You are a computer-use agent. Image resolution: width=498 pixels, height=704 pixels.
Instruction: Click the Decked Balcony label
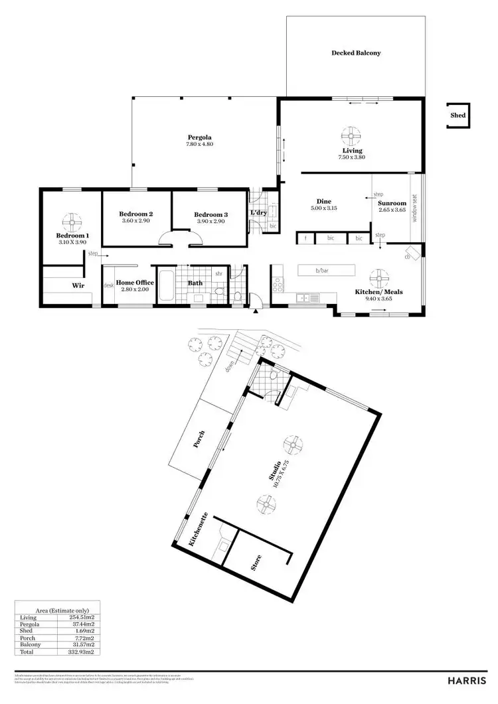coord(356,53)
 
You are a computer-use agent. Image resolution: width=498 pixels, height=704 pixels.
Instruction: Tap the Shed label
coord(458,115)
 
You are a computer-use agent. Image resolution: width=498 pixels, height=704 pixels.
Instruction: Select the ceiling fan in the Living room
coord(350,136)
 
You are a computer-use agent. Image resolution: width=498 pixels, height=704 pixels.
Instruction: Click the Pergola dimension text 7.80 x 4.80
coord(199,144)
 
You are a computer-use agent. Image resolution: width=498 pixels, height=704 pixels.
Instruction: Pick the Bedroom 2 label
coord(136,214)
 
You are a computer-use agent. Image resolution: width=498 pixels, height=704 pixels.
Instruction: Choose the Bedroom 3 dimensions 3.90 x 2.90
coord(211,222)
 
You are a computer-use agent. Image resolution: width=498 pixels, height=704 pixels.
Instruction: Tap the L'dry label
coord(258,213)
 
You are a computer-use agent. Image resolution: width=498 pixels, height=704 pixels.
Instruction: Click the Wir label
coord(78,285)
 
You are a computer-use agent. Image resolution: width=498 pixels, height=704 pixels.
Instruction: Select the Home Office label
coord(135,283)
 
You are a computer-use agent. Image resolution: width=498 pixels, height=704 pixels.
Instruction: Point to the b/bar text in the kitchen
coord(323,271)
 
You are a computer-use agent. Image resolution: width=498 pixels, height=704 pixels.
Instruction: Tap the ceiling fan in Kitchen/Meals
coord(378,277)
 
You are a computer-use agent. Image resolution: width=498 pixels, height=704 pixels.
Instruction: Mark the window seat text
coord(416,208)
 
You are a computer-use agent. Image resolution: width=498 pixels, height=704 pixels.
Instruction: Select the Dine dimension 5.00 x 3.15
coord(323,208)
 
